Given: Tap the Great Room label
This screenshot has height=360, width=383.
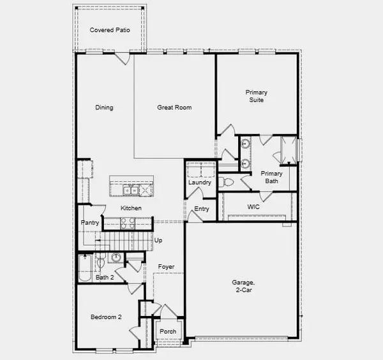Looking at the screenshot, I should (174, 108).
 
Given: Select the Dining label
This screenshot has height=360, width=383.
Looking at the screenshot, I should (104, 108).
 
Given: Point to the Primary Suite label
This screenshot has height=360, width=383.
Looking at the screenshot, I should (256, 96).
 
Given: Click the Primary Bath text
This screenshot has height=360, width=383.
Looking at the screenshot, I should (271, 177).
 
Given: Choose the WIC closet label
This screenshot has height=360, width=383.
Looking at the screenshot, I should (253, 207).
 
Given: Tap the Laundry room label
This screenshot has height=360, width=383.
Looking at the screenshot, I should (200, 183).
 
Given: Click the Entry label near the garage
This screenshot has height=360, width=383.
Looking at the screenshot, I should (202, 209).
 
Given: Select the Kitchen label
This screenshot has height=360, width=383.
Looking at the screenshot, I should (131, 208).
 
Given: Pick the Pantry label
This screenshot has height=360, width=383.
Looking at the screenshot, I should (89, 223).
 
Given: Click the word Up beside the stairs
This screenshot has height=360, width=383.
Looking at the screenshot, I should (158, 241).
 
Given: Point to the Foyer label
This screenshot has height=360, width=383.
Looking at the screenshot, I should (167, 267).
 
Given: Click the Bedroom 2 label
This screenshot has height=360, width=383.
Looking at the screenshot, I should (106, 317).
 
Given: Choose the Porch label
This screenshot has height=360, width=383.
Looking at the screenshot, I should (168, 331).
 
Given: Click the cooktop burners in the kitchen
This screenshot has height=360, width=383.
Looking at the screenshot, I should (128, 223).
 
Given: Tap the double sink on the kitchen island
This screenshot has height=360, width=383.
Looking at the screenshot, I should (131, 190).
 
